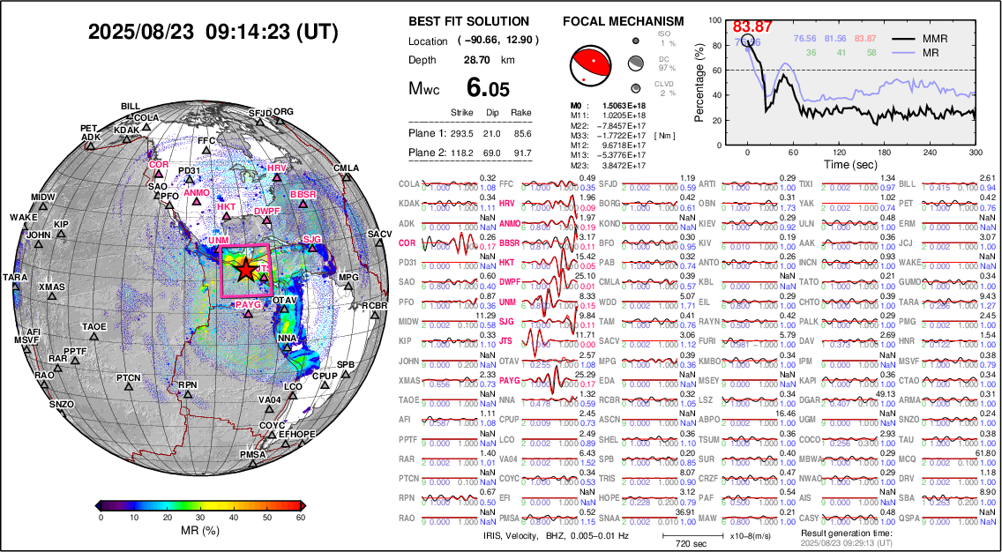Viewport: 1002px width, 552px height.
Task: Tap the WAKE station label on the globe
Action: tap(24, 217)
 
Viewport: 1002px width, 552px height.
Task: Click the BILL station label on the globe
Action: tap(131, 106)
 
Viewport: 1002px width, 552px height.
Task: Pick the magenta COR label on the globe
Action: tap(159, 165)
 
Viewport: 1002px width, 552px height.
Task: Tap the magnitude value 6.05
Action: tap(487, 88)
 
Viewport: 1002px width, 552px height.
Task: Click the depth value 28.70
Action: tap(477, 60)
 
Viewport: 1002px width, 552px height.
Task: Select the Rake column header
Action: tap(520, 113)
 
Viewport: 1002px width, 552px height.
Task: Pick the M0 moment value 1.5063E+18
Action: tap(624, 105)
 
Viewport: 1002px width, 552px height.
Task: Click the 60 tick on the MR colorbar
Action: tap(300, 518)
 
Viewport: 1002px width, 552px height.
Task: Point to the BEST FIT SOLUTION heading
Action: tap(469, 21)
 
